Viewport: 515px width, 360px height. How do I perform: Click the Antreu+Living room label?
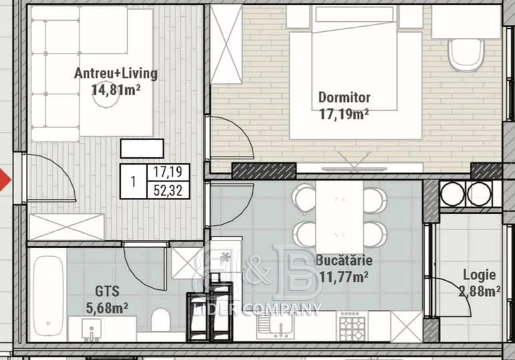(x=115, y=73)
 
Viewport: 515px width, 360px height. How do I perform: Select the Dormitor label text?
(x=344, y=97)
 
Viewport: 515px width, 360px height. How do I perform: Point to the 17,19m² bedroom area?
(x=344, y=114)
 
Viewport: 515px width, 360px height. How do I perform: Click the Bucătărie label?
(x=344, y=261)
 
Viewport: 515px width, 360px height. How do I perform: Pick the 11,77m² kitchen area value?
(x=344, y=277)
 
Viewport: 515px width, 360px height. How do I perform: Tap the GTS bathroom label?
(x=107, y=291)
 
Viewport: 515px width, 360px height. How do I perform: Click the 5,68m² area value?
(x=107, y=308)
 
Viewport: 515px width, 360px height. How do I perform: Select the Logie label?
(x=479, y=275)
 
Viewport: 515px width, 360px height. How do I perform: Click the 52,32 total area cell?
(x=168, y=191)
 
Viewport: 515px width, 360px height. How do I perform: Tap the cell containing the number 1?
(x=133, y=181)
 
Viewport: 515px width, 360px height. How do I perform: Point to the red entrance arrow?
(x=5, y=179)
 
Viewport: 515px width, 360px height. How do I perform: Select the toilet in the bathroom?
(x=161, y=320)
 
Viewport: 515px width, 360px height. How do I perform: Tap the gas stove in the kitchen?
(x=352, y=326)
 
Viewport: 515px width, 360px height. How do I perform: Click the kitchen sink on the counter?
(x=276, y=326)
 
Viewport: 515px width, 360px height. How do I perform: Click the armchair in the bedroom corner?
(x=466, y=55)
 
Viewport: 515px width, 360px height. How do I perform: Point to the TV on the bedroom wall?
(x=354, y=169)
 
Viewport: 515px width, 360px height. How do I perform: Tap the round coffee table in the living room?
(x=105, y=96)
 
